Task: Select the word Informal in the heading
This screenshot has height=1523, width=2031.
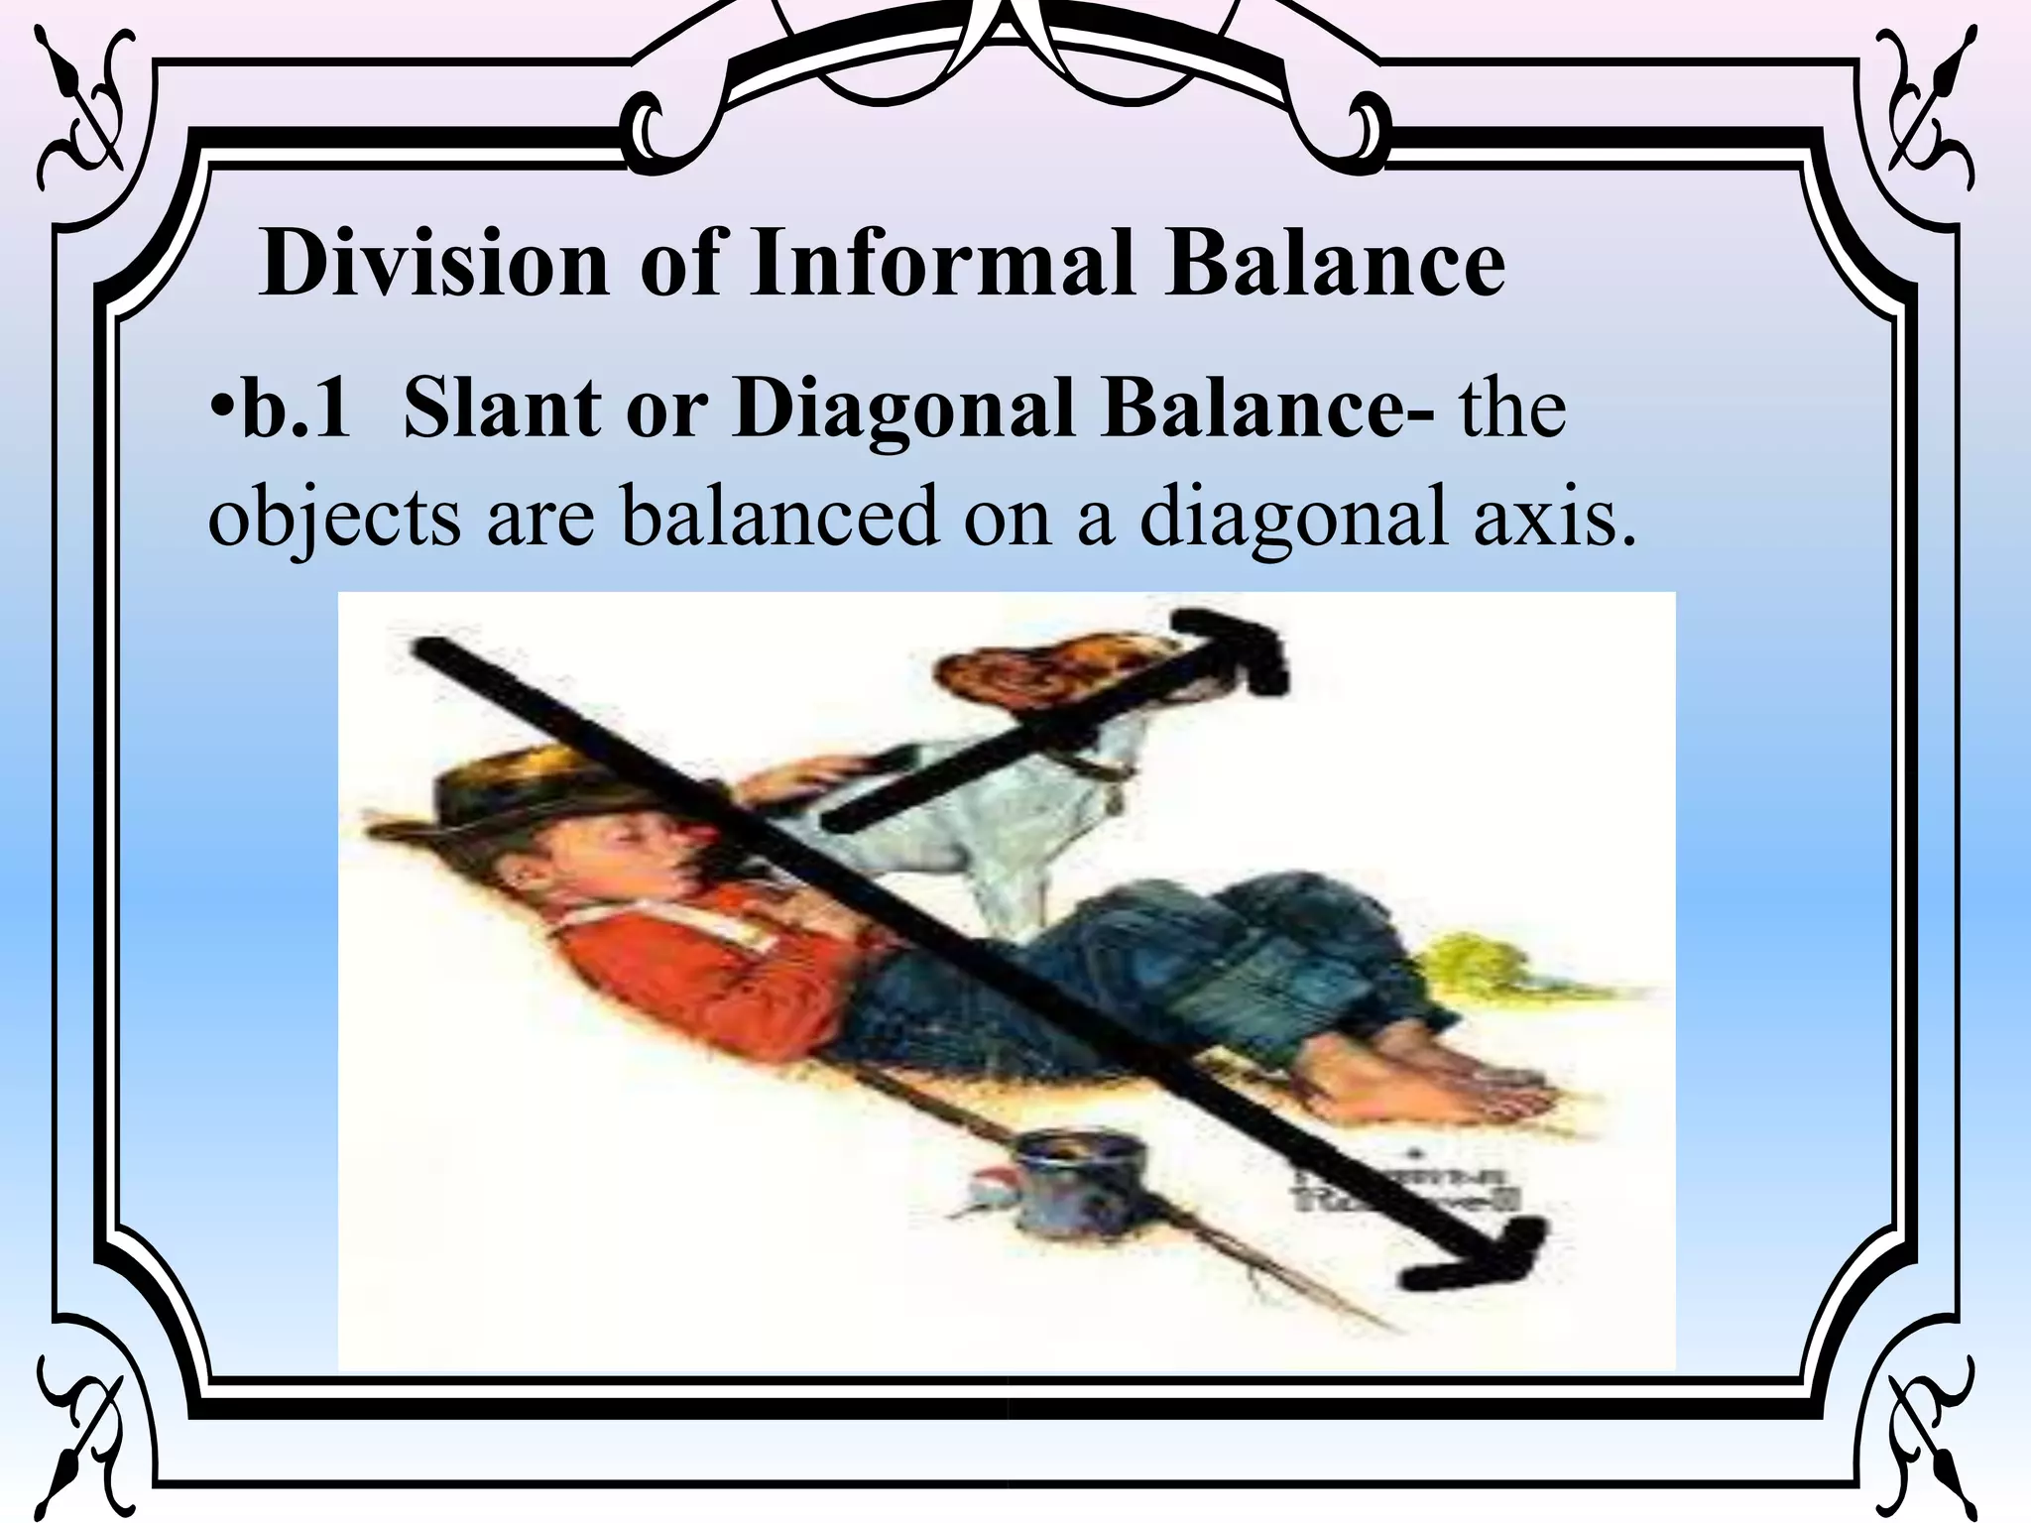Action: click(x=942, y=264)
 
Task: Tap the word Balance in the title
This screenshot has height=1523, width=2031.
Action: click(x=1335, y=264)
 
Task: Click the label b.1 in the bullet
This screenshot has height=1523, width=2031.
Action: click(x=296, y=409)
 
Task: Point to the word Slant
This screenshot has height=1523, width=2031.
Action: click(x=502, y=409)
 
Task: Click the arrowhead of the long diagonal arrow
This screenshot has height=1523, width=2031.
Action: click(x=1488, y=1259)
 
